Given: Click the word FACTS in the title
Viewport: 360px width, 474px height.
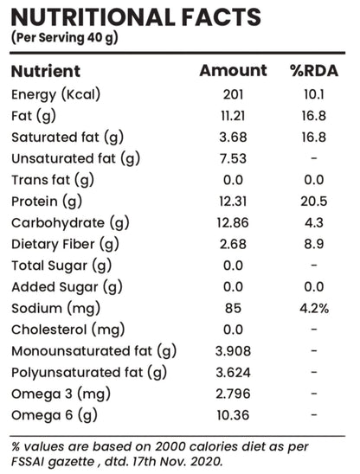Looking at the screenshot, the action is pos(222,17).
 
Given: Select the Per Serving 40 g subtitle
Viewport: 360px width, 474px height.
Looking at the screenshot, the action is pos(64,38).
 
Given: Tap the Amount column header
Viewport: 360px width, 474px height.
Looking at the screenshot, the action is pos(234,70).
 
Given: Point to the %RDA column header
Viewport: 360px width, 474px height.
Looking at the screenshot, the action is pos(314,70).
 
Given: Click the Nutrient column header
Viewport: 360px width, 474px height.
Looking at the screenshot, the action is pos(46,71).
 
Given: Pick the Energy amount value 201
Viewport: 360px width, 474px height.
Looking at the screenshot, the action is pos(234,94).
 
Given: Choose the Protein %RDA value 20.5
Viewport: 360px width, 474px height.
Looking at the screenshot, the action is pos(314,202).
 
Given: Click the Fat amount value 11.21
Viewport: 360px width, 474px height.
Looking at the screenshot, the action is pos(233,116).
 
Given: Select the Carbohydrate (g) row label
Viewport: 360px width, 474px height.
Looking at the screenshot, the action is pos(70,223).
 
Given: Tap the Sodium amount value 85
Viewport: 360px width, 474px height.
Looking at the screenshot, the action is pos(234,308).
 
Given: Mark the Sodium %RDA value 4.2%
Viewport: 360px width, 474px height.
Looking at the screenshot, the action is pos(314,308).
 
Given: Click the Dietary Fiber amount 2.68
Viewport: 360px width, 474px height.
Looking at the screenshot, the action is pos(234,244).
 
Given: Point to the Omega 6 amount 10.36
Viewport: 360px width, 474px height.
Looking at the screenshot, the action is pos(233,415).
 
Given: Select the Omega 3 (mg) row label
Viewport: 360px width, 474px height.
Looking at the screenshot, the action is pos(61,394).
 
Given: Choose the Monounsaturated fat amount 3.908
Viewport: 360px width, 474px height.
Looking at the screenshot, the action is pos(233,351).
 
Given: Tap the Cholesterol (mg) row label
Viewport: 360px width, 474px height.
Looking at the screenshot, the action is pos(68,330).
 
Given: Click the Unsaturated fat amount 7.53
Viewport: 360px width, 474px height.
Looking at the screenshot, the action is pos(234,158).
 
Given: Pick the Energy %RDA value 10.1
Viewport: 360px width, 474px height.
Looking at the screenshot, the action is pos(314,94).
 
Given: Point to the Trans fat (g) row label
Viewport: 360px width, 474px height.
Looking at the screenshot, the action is pos(53,181).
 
